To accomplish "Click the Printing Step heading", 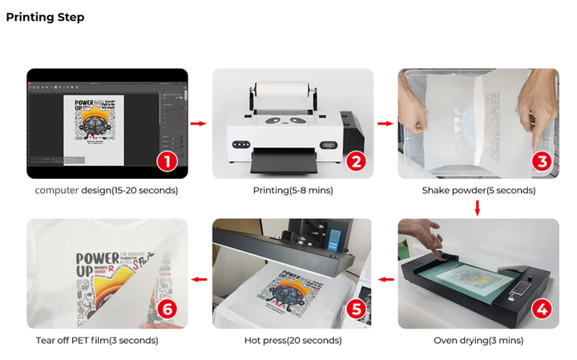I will pyautogui.click(x=45, y=17).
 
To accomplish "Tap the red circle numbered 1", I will pyautogui.click(x=167, y=160).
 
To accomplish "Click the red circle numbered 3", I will pyautogui.click(x=542, y=160).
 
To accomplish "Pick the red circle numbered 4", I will pyautogui.click(x=542, y=309).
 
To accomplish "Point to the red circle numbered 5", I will pyautogui.click(x=356, y=309).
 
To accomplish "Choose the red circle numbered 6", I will pyautogui.click(x=167, y=309).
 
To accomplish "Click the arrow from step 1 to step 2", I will pyautogui.click(x=199, y=123).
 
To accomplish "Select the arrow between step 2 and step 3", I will pyautogui.click(x=385, y=123).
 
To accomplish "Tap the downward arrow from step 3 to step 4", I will pyautogui.click(x=478, y=208).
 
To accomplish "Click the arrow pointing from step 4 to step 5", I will pyautogui.click(x=385, y=280).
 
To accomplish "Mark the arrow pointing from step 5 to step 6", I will pyautogui.click(x=199, y=280).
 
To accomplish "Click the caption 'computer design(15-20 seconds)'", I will pyautogui.click(x=107, y=191).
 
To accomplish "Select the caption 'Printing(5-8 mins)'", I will pyautogui.click(x=293, y=191).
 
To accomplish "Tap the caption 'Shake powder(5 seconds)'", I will pyautogui.click(x=478, y=191).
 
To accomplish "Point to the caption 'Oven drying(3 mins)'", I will pyautogui.click(x=478, y=341).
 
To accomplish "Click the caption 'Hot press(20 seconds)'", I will pyautogui.click(x=293, y=341).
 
